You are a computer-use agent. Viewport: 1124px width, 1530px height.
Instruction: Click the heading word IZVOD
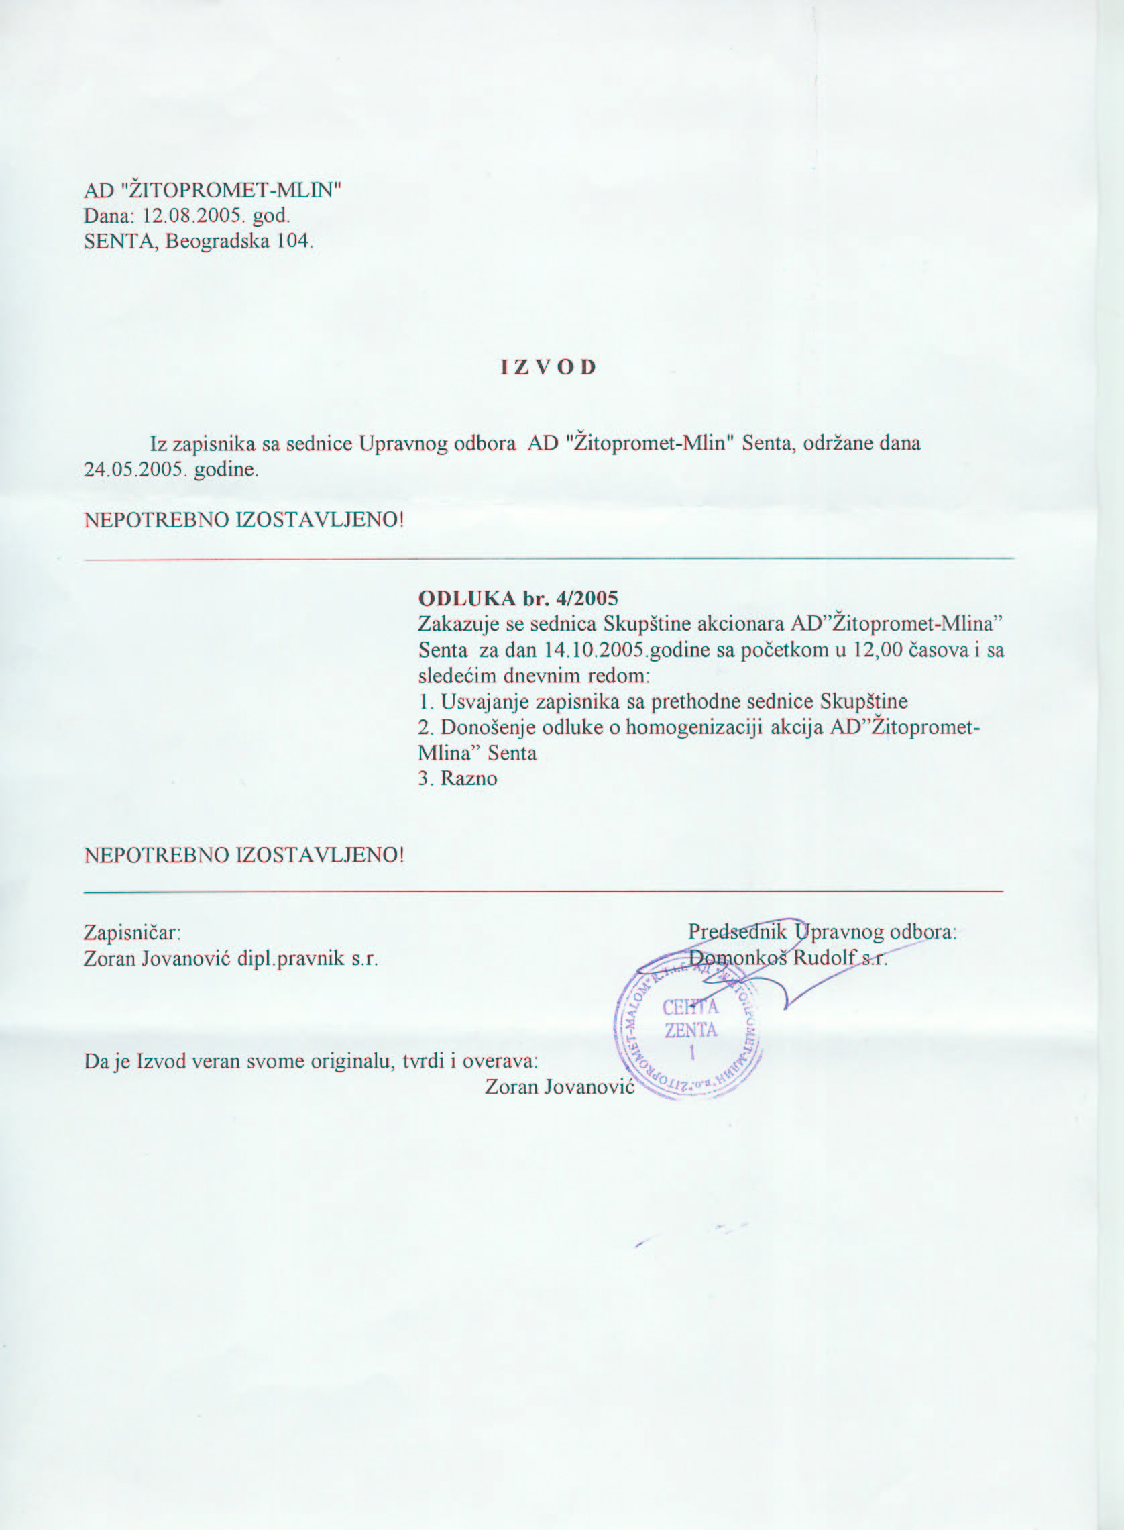549,368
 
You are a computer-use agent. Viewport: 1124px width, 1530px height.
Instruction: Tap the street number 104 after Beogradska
293,241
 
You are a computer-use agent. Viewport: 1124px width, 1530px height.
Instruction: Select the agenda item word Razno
469,778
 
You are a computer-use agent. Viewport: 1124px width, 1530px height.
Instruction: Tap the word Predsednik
737,931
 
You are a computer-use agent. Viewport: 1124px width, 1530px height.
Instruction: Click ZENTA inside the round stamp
691,1030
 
